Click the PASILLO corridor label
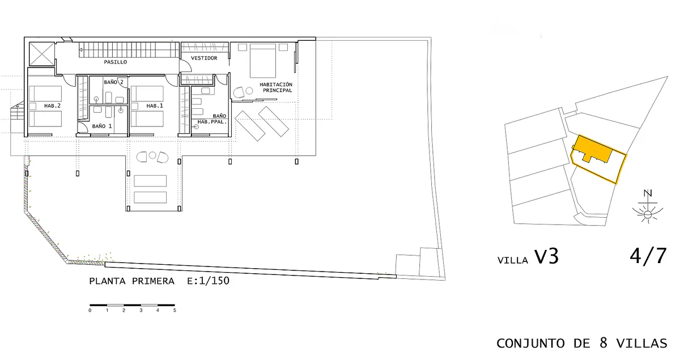click(x=116, y=62)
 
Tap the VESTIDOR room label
click(x=204, y=58)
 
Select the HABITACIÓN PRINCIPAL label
click(x=277, y=87)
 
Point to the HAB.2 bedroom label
click(x=52, y=105)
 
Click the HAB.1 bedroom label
click(x=155, y=105)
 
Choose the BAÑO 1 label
click(x=101, y=126)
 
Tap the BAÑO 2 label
click(x=113, y=82)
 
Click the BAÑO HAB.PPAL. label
click(x=212, y=119)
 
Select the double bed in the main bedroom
click(x=263, y=61)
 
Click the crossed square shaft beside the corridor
click(x=41, y=54)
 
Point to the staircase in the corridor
click(x=129, y=49)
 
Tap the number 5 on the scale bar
click(x=175, y=311)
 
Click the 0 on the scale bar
click(x=90, y=311)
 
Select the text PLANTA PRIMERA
click(x=131, y=281)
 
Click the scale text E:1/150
click(x=209, y=281)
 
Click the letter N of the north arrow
click(x=648, y=193)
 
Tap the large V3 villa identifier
click(x=546, y=257)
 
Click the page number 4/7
click(x=648, y=256)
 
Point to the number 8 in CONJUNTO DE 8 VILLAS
click(x=603, y=342)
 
